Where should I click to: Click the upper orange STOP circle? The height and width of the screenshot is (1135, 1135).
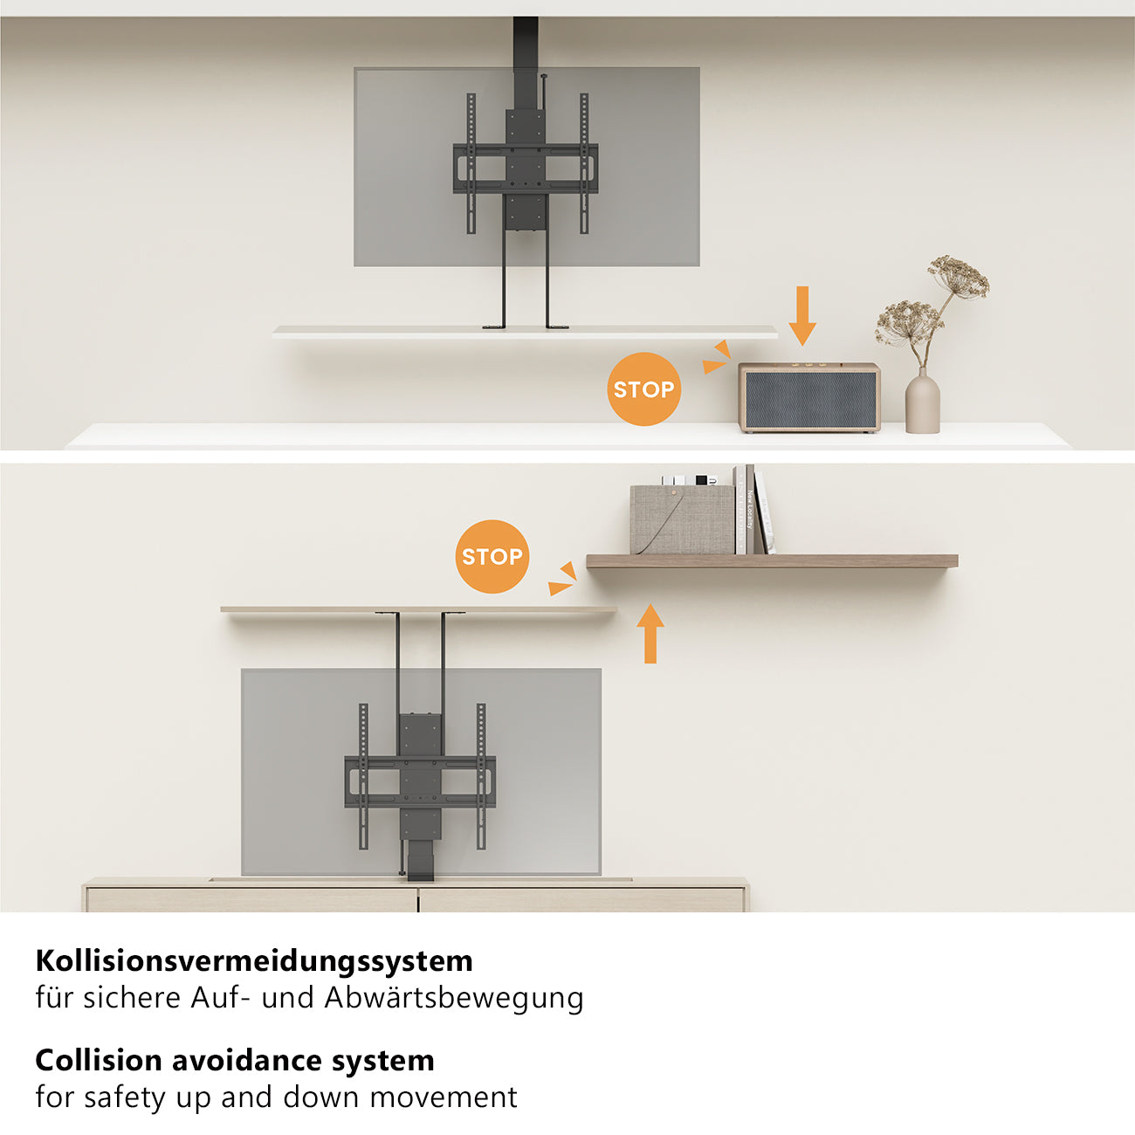(643, 389)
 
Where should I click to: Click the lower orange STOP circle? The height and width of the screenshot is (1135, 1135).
(492, 557)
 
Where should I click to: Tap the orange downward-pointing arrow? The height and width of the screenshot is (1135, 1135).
(801, 315)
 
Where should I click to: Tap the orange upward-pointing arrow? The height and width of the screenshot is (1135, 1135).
(650, 634)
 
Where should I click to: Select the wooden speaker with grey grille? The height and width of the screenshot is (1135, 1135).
(809, 398)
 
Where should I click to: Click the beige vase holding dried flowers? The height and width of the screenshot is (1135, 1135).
(922, 402)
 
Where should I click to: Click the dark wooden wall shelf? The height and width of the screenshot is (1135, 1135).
(772, 561)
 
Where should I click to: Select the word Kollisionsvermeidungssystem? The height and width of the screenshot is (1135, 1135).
(254, 961)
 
